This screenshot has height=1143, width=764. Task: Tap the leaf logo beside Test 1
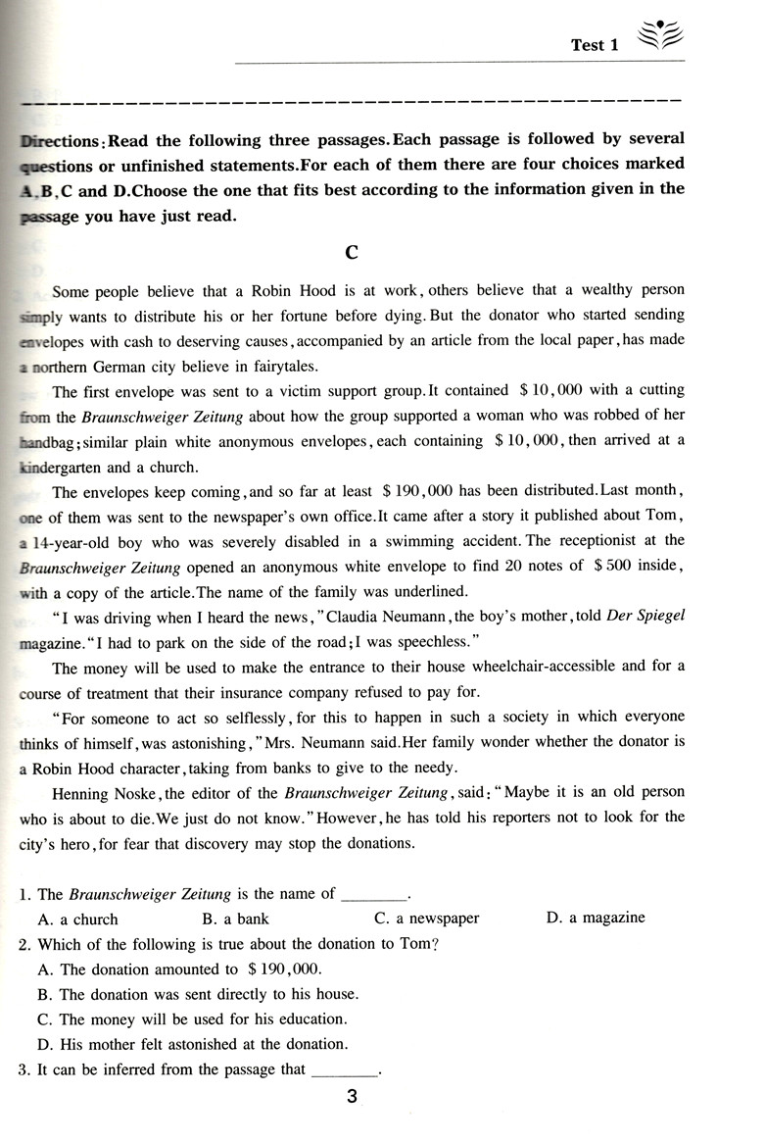(658, 38)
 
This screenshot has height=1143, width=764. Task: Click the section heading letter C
(353, 253)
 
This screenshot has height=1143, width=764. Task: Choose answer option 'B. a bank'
(235, 919)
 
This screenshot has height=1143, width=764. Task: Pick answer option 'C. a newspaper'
(427, 919)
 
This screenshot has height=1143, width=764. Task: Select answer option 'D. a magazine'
(596, 919)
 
